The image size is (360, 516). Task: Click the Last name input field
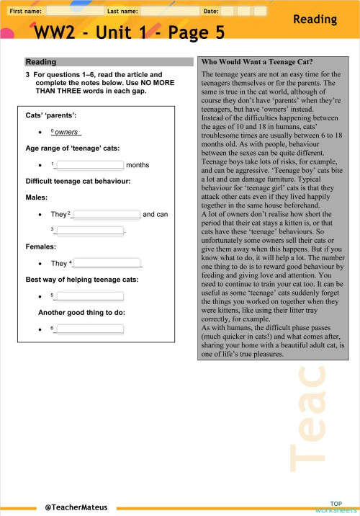coord(171,12)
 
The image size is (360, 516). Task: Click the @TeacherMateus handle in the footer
coord(75,507)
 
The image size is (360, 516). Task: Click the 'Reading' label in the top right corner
coord(321,21)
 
